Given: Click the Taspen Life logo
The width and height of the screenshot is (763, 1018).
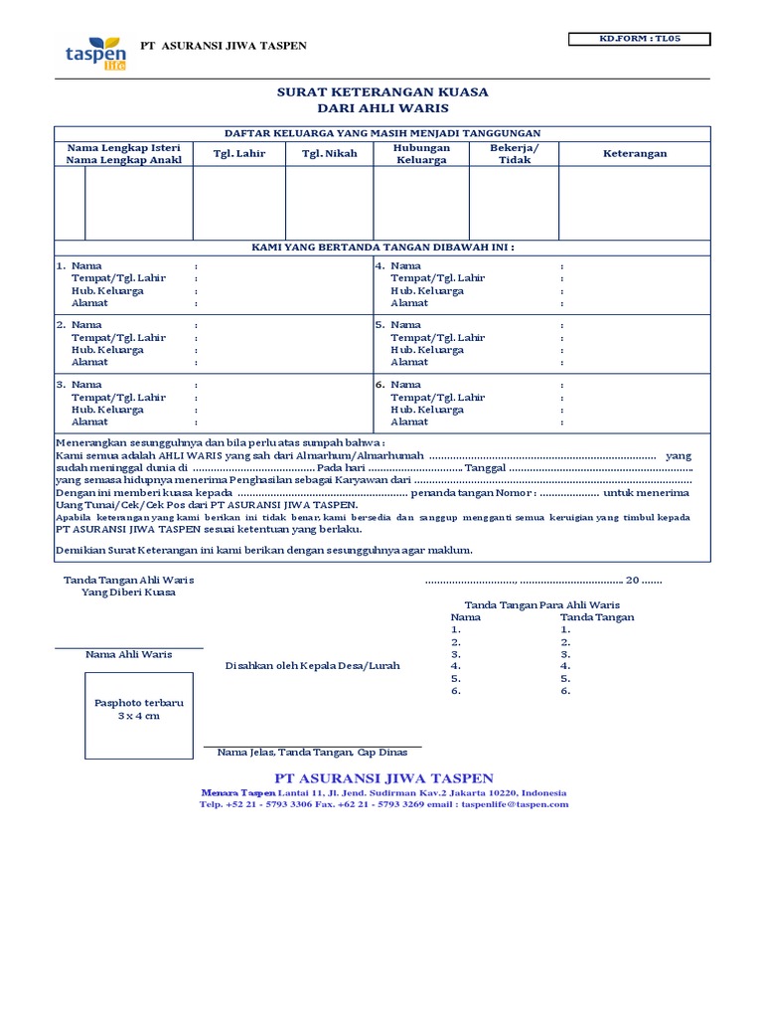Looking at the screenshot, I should tap(95, 51).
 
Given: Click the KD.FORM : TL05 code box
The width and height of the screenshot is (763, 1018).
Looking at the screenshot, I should tap(639, 40).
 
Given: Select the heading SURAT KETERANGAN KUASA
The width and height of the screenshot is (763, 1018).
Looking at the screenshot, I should tap(382, 92).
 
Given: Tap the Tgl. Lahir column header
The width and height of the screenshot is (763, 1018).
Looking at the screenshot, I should tap(239, 154).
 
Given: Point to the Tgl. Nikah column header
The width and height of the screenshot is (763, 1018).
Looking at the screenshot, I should tap(329, 154).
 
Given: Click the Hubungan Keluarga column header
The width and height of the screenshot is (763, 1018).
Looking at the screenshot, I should tap(421, 153).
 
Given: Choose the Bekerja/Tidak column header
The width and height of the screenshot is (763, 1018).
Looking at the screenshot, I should tap(514, 153).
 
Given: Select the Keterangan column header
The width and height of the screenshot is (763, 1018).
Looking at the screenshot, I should tap(635, 154).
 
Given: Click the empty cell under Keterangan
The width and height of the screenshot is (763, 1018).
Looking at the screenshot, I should tap(635, 203).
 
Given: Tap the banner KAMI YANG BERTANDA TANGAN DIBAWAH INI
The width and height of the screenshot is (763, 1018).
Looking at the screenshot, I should tap(382, 248).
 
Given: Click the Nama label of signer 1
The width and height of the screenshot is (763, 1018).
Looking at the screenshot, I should tap(87, 266).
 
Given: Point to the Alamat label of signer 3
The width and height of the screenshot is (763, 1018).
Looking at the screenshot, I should tap(89, 422).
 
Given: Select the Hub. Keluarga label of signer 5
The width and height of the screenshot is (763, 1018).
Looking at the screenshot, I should tap(427, 350).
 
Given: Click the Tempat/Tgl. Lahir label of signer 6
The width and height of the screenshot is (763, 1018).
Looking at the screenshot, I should tap(437, 398).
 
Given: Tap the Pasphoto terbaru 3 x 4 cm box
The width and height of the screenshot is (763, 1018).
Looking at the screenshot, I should tap(139, 710).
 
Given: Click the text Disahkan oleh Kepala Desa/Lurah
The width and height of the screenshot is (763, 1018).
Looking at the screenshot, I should tap(313, 665).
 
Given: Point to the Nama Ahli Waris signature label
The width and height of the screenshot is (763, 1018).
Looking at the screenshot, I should tap(129, 654).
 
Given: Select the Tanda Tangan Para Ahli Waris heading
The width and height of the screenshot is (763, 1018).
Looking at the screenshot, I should tap(541, 604).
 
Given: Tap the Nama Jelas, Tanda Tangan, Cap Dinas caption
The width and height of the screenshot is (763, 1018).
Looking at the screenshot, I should tap(312, 753).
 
